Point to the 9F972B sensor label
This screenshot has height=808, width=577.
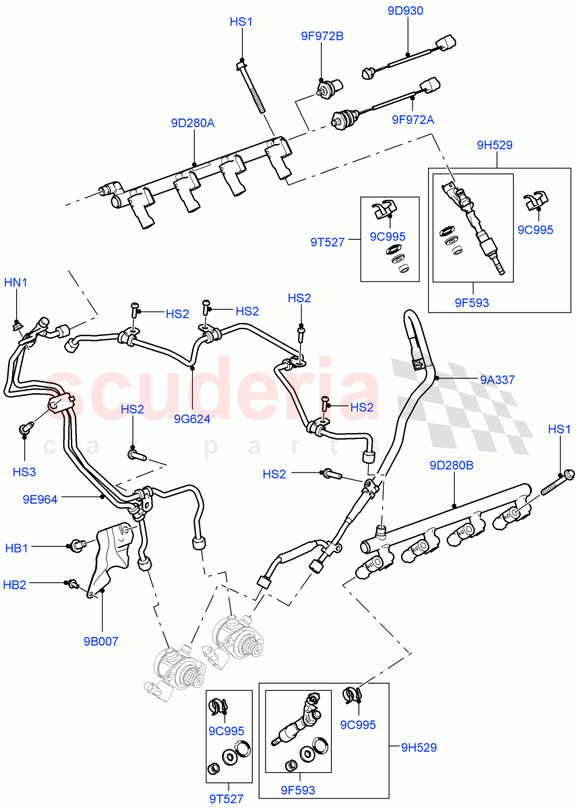(x=322, y=36)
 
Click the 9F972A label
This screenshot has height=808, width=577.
(x=413, y=120)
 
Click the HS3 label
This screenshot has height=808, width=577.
(x=24, y=472)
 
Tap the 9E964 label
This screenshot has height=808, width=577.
(x=39, y=499)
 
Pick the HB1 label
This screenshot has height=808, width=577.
(x=16, y=547)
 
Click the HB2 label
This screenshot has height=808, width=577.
(x=16, y=585)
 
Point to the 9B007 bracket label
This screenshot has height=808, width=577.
(x=102, y=641)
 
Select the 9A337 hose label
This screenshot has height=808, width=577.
(x=497, y=380)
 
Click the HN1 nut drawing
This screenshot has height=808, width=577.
(x=16, y=327)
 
